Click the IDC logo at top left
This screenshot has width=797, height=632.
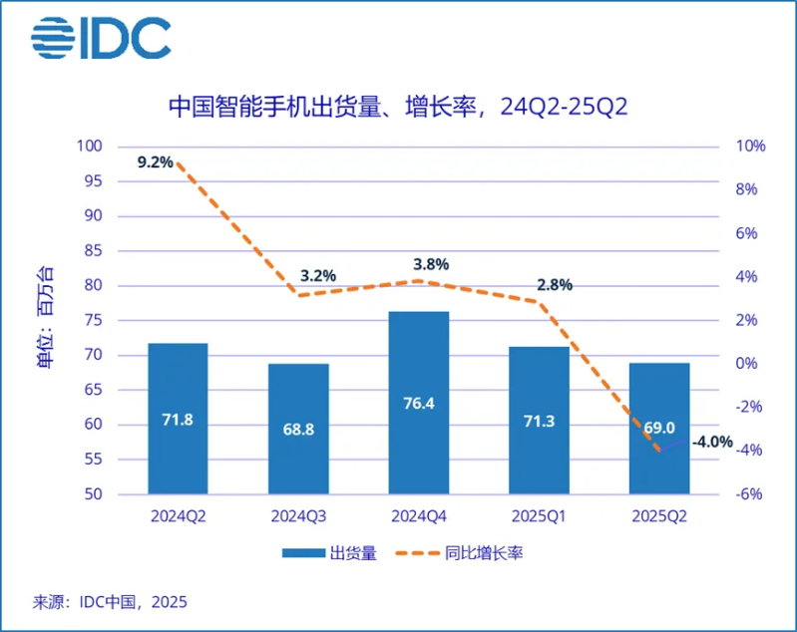pos(101,38)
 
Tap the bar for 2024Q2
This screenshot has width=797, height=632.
pos(178,418)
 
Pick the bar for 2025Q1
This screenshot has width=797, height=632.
pos(539,420)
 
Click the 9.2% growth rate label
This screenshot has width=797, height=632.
pos(156,161)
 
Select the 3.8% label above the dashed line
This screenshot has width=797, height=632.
pos(431,265)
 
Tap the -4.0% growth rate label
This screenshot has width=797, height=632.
pos(714,442)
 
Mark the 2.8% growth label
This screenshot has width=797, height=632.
pos(554,285)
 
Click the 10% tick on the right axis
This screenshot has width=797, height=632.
pos(750,147)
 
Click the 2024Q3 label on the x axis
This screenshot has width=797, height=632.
pos(298,516)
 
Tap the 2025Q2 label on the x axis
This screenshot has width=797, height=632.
pos(658,516)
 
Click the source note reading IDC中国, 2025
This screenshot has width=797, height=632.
pos(111,602)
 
